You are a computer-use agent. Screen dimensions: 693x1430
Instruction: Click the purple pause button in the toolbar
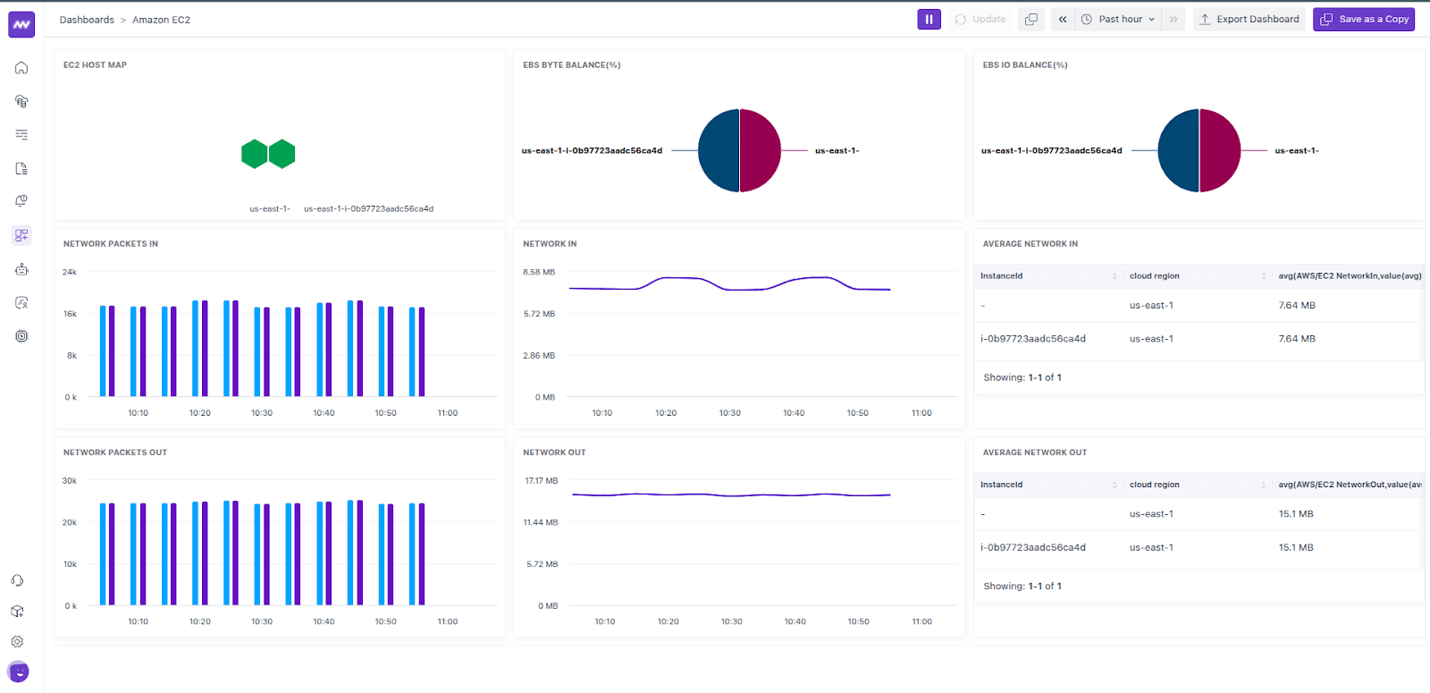coord(929,19)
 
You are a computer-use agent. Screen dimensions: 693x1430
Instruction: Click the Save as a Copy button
coord(1364,19)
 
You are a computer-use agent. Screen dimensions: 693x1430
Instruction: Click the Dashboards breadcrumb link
coord(87,20)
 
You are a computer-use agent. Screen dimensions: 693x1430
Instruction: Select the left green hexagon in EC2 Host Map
coord(255,154)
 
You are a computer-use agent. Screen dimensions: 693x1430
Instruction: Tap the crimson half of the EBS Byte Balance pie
coord(760,150)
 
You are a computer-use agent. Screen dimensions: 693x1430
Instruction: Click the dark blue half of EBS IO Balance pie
coord(1179,150)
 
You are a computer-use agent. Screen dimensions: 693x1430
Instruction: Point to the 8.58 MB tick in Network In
coord(539,272)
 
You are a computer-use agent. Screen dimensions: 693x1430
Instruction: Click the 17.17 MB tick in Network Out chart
coord(541,481)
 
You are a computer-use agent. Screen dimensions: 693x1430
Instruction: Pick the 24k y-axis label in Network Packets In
coord(70,272)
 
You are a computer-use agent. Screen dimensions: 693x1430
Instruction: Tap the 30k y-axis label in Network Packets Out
coord(70,481)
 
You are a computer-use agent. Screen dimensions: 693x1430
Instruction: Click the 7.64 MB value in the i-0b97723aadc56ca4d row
coord(1296,339)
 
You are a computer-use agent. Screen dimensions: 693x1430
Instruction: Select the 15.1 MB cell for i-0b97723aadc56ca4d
coord(1295,547)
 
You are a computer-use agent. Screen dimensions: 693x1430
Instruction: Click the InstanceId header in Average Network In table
coord(1001,276)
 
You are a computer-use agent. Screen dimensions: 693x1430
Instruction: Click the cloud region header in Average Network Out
coord(1154,485)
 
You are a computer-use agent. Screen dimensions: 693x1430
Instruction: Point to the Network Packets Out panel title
coord(115,452)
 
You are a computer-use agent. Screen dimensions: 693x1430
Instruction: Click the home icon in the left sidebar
coord(21,68)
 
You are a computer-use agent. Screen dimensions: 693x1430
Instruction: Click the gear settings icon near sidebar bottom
coord(17,641)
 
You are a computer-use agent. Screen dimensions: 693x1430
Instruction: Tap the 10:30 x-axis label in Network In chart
coord(729,413)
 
